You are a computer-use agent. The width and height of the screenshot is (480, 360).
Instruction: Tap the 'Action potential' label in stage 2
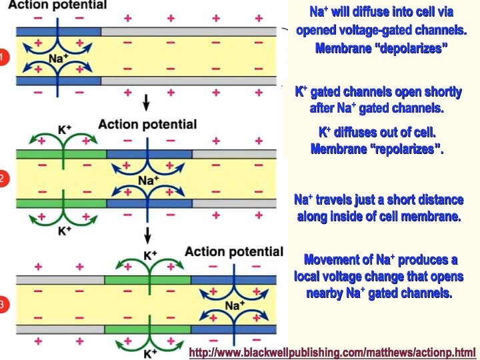[147, 125]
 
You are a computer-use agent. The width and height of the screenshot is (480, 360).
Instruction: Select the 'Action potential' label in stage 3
[234, 251]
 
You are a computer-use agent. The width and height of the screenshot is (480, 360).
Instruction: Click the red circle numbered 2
[3, 179]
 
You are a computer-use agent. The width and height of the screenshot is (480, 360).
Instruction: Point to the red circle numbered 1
[3, 57]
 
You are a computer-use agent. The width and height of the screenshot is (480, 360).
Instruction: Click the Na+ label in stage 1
[59, 58]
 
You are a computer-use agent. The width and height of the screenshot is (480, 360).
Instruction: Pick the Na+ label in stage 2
[148, 180]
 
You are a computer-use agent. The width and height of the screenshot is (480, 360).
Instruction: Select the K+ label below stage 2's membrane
[64, 230]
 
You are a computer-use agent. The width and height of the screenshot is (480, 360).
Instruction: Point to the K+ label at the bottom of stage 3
[150, 353]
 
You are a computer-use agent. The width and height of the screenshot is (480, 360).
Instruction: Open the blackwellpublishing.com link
[333, 352]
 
